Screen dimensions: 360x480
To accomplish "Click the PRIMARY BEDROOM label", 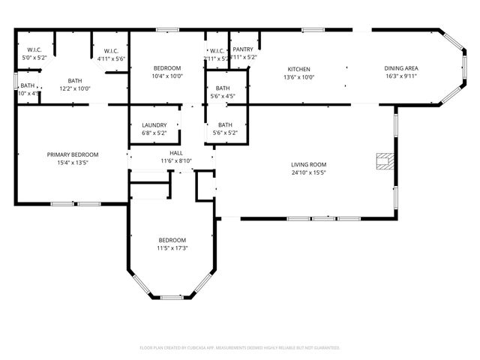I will click(x=73, y=154).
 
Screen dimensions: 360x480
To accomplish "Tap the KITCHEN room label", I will click(x=298, y=67).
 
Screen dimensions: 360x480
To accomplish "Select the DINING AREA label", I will click(x=401, y=67).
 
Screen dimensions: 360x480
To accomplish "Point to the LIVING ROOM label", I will click(x=308, y=164).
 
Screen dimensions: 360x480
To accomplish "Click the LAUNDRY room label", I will click(x=154, y=125).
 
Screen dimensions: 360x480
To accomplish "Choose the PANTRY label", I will click(x=242, y=49).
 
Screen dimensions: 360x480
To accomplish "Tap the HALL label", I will click(x=176, y=153).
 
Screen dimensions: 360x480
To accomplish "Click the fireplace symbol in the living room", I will click(x=384, y=160).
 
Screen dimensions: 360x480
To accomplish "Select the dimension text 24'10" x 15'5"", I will click(x=308, y=172).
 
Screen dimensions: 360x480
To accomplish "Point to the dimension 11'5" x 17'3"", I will click(x=172, y=247).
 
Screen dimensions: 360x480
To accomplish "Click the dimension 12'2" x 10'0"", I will click(x=75, y=88).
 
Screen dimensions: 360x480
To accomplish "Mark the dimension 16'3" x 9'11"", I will click(x=401, y=76).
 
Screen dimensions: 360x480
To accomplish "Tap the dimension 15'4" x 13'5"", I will click(x=73, y=163).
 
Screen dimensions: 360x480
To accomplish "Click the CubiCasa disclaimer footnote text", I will click(x=240, y=347).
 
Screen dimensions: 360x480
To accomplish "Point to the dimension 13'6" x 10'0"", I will click(x=298, y=76).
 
